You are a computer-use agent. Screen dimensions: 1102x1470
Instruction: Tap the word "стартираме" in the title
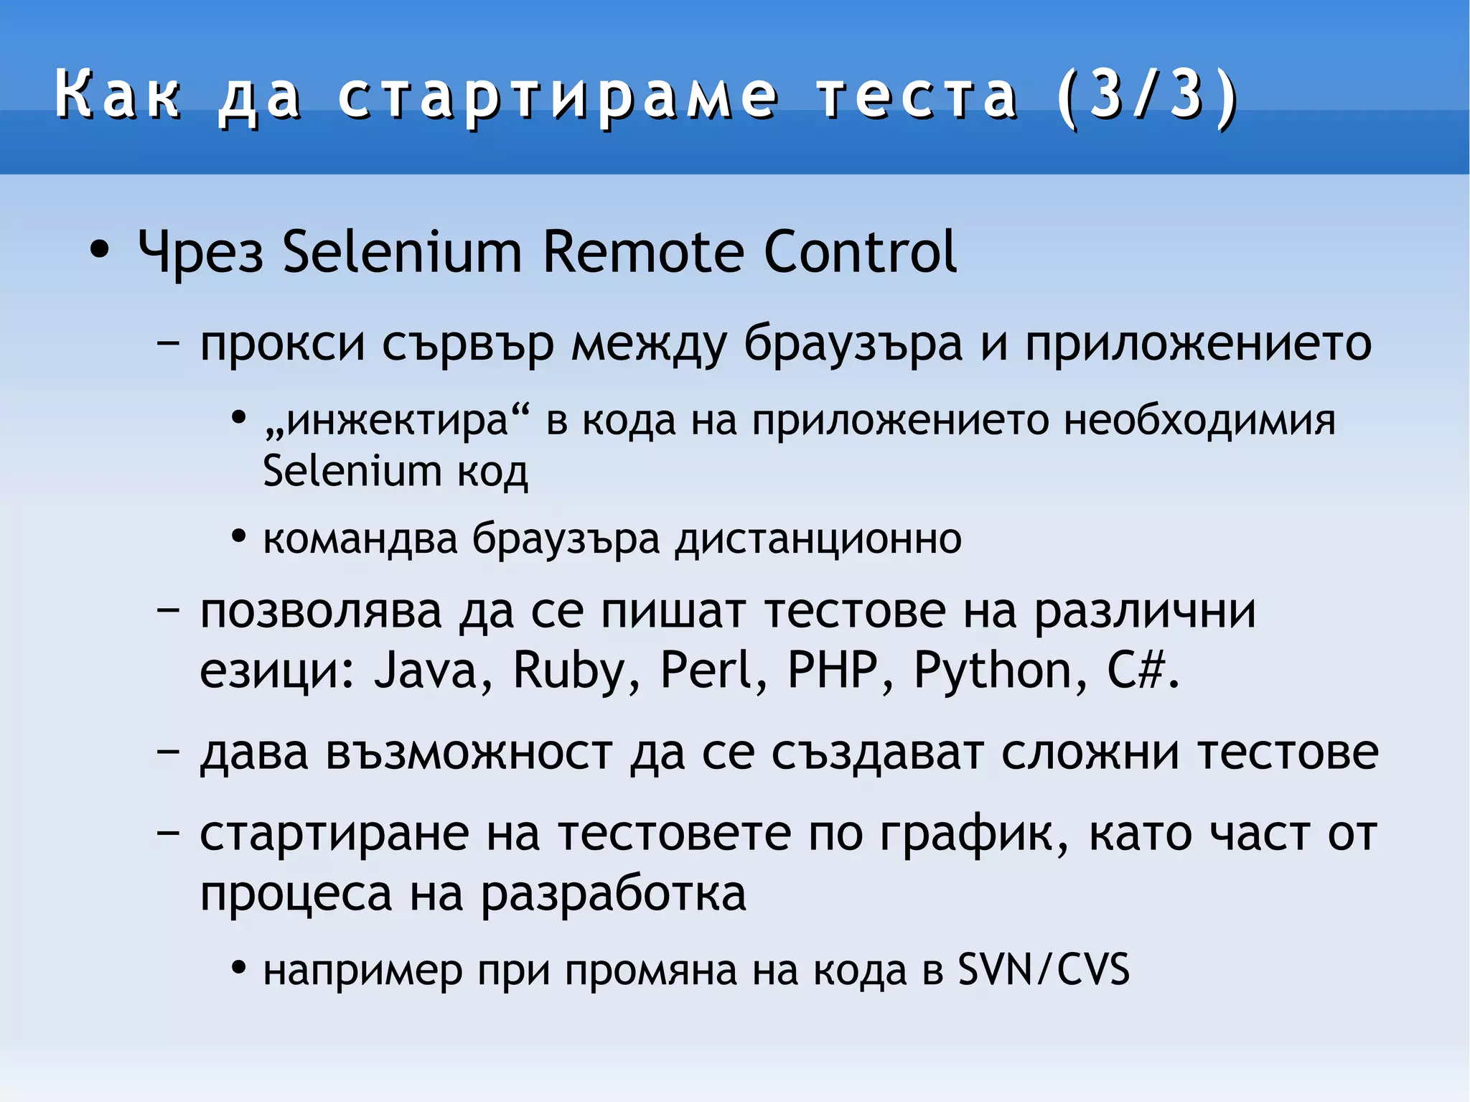coord(558,97)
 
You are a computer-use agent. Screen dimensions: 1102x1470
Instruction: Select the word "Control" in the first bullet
coord(860,252)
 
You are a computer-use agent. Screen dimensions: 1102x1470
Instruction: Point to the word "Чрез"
coord(200,252)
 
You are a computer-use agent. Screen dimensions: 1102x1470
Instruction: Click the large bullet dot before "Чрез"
coord(100,251)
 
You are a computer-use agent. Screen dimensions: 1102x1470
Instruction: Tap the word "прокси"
coord(282,344)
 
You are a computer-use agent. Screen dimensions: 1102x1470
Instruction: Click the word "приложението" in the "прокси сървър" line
coord(1198,344)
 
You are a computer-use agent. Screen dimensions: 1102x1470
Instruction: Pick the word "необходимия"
coord(1199,421)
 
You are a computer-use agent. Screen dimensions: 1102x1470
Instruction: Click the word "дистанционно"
coord(818,539)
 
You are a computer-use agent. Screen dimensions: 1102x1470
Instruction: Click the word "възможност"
coord(469,754)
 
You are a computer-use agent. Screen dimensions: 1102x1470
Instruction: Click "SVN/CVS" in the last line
coord(1044,970)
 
